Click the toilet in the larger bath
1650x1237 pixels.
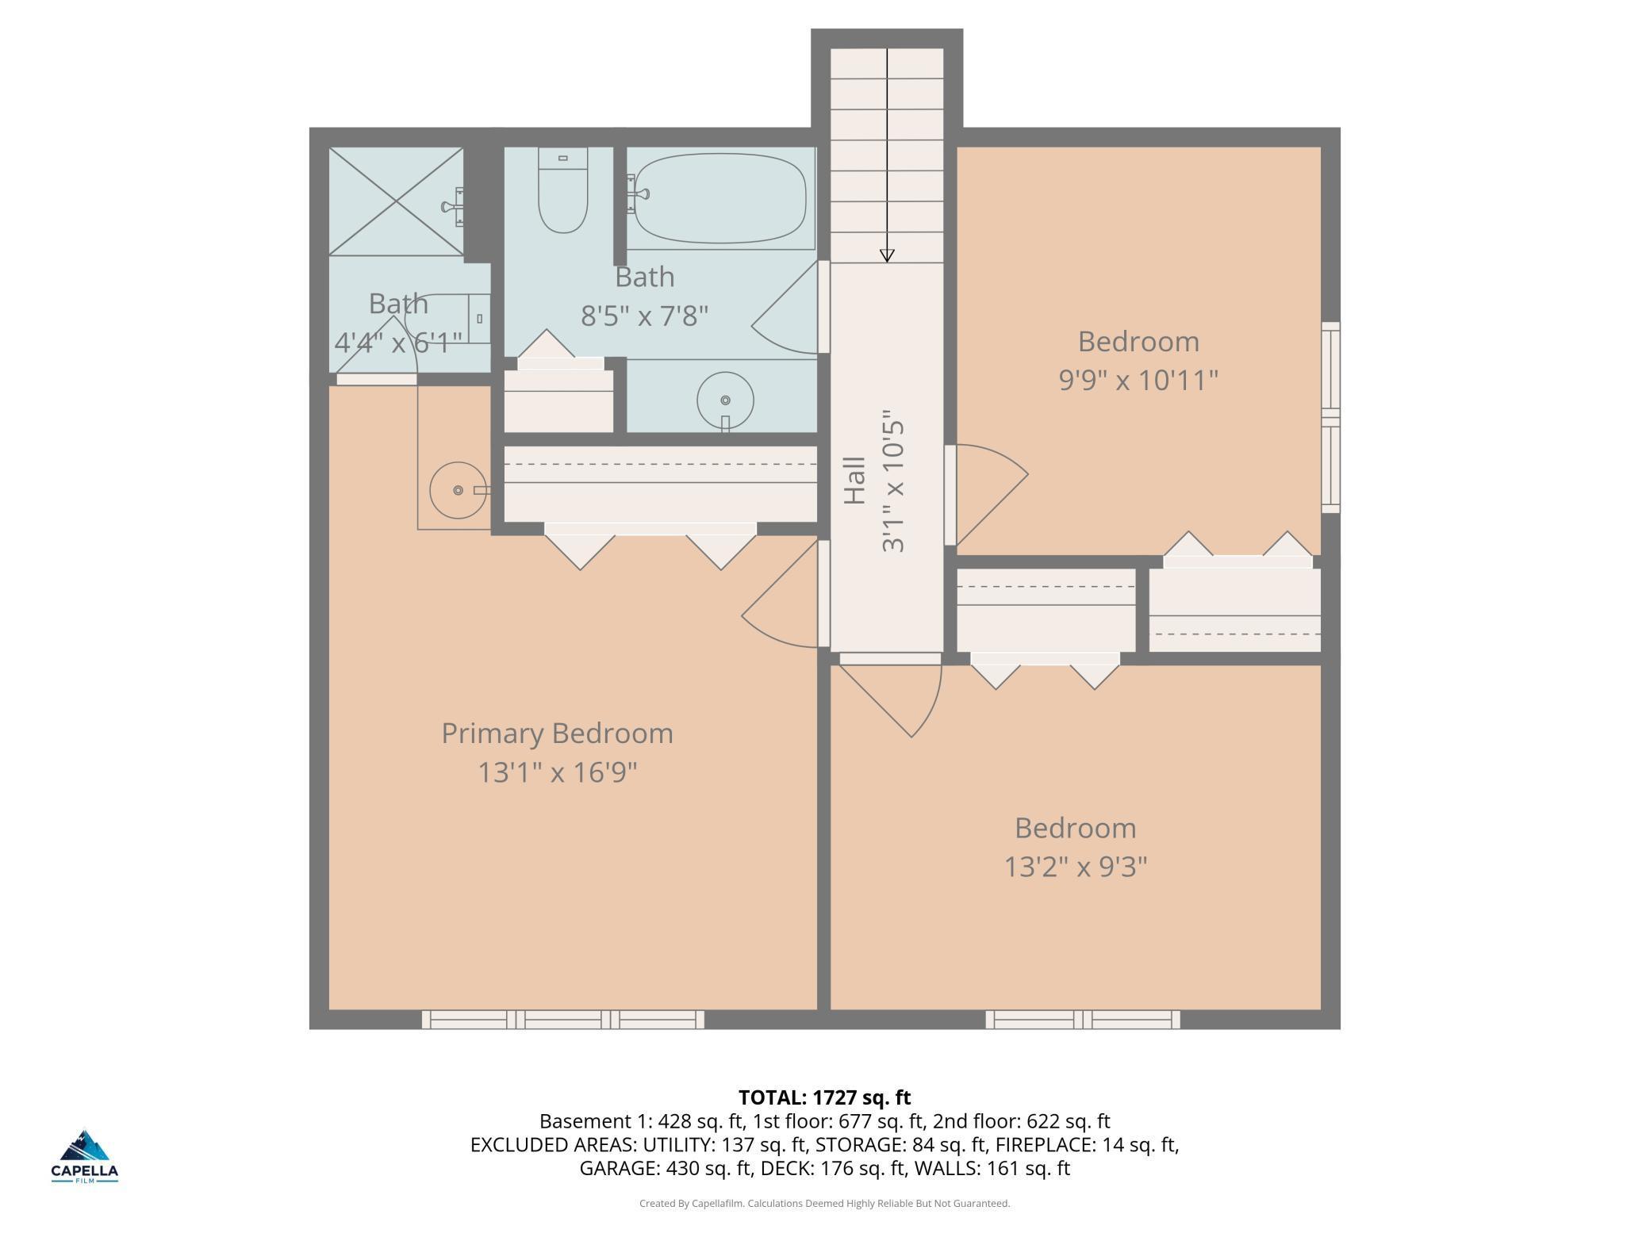coord(562,190)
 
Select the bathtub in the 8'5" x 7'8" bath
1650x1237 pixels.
coord(720,197)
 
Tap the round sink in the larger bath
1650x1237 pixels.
coord(725,401)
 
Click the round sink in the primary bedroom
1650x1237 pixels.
coord(459,490)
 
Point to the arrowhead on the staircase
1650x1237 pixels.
coord(887,255)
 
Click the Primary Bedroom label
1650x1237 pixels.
coord(557,733)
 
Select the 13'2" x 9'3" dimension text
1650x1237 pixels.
coord(1076,867)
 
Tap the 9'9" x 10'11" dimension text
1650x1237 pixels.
coord(1138,380)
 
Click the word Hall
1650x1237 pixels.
coord(854,481)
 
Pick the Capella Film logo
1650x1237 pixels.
coord(85,1155)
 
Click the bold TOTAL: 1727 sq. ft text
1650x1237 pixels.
coord(824,1097)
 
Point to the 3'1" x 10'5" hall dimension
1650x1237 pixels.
coord(892,481)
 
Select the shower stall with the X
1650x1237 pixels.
coord(396,201)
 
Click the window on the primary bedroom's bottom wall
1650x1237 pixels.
coord(562,1019)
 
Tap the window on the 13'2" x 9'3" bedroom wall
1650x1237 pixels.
coord(1083,1019)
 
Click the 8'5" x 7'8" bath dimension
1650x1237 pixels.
coord(644,316)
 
